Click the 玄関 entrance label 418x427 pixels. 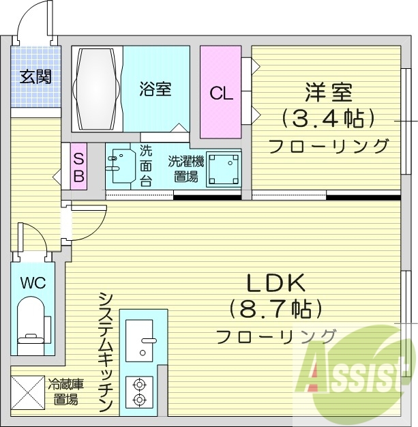35,76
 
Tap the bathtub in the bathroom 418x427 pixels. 97,89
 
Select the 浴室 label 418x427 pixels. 155,89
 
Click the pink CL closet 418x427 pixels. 221,92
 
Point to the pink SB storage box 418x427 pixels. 78,166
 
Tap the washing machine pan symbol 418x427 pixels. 224,169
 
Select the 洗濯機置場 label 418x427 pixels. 185,168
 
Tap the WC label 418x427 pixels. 33,283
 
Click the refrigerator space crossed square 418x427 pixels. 27,392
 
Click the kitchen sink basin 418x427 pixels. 139,340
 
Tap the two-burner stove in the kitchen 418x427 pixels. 139,392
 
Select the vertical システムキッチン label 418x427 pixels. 106,352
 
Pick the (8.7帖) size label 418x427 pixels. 275,310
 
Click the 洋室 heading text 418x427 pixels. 329,93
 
